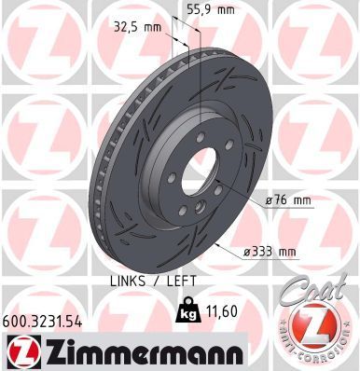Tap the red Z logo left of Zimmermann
click(21, 350)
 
